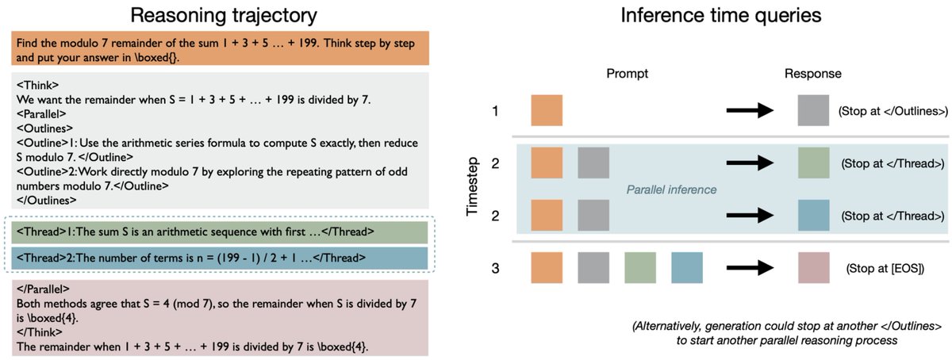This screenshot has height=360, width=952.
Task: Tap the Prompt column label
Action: point(627,74)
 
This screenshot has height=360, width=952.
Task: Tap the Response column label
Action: point(812,74)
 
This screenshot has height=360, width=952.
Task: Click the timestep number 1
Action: point(495,111)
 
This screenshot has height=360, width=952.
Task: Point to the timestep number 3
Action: point(495,268)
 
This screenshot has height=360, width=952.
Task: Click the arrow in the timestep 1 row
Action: point(749,111)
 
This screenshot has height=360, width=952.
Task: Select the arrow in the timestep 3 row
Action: point(749,268)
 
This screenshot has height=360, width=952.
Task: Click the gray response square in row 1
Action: point(813,111)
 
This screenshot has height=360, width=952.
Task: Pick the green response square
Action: point(813,163)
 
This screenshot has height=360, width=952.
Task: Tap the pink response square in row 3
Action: point(813,268)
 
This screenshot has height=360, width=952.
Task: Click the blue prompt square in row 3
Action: point(686,268)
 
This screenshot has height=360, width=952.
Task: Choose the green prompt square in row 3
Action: point(640,268)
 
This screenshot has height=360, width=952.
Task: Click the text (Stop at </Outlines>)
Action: point(892,111)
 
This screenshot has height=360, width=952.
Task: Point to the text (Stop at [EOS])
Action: point(884,268)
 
